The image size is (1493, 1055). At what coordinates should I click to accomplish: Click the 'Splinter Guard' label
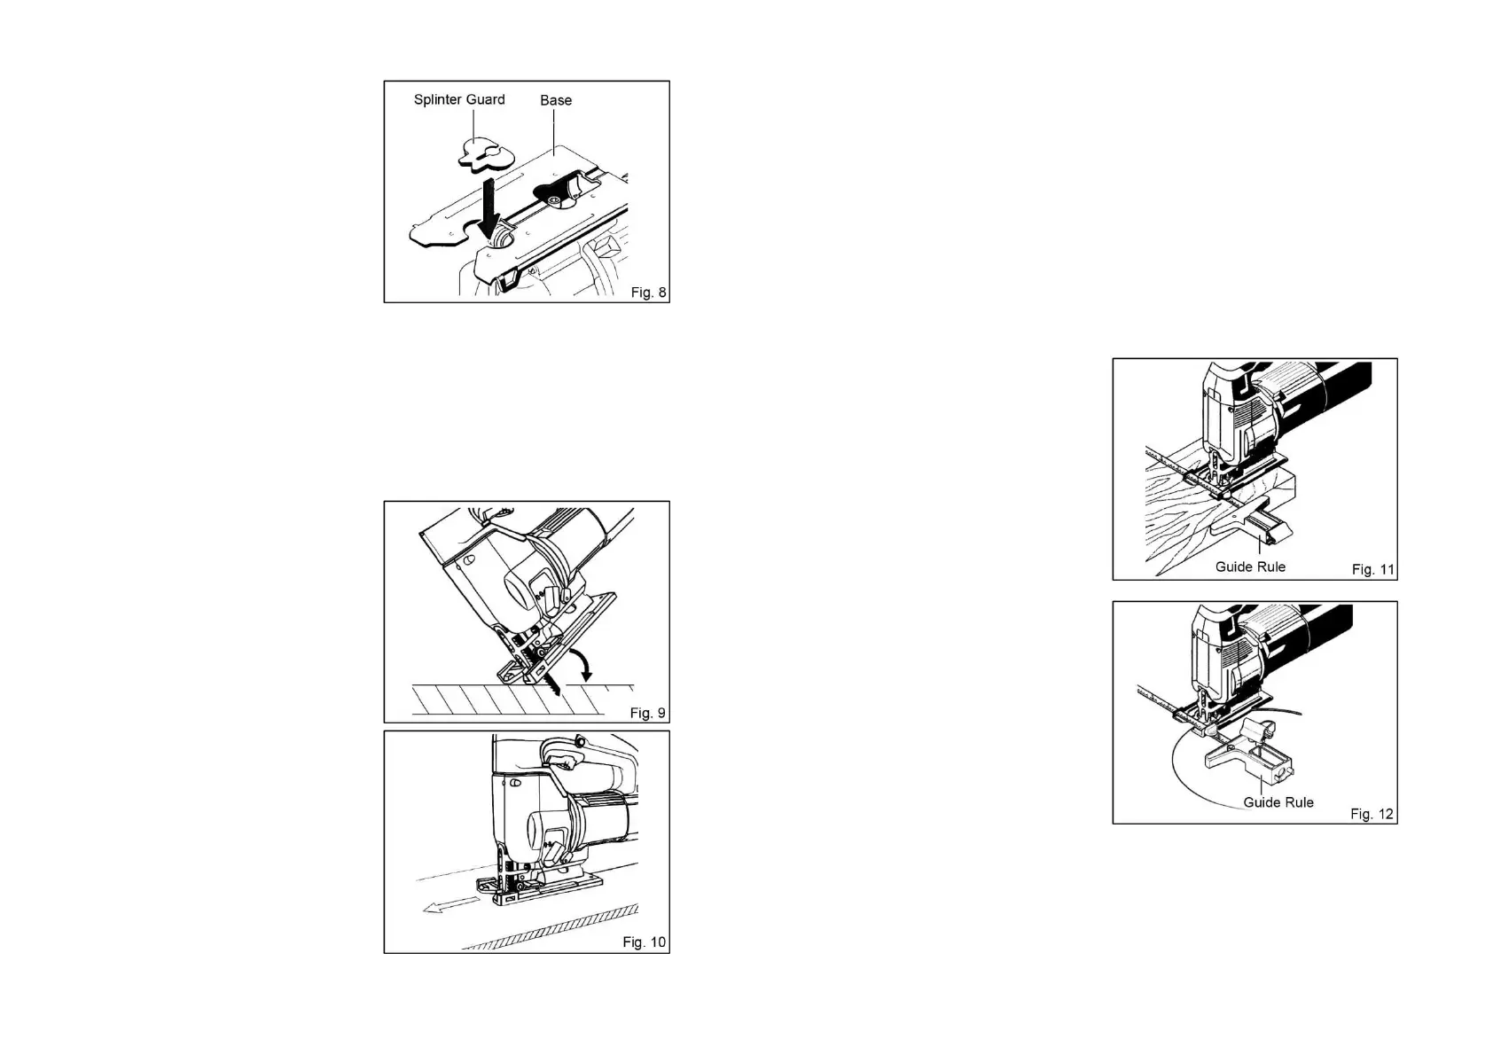click(x=459, y=99)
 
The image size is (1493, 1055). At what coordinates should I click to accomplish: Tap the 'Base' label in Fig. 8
click(x=556, y=100)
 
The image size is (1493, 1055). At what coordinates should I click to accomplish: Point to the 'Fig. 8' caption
click(x=648, y=293)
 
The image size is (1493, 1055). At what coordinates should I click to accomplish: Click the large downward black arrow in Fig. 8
click(x=487, y=207)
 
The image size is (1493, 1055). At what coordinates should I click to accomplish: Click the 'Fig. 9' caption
click(x=647, y=713)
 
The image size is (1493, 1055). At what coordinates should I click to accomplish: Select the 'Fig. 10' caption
click(x=644, y=942)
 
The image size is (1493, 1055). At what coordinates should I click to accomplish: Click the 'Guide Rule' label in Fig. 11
click(x=1250, y=567)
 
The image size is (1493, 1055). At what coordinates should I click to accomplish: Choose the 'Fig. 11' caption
click(x=1372, y=569)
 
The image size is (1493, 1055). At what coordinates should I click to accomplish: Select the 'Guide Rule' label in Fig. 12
click(x=1278, y=802)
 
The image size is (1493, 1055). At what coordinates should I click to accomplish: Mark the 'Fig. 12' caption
click(x=1372, y=814)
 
